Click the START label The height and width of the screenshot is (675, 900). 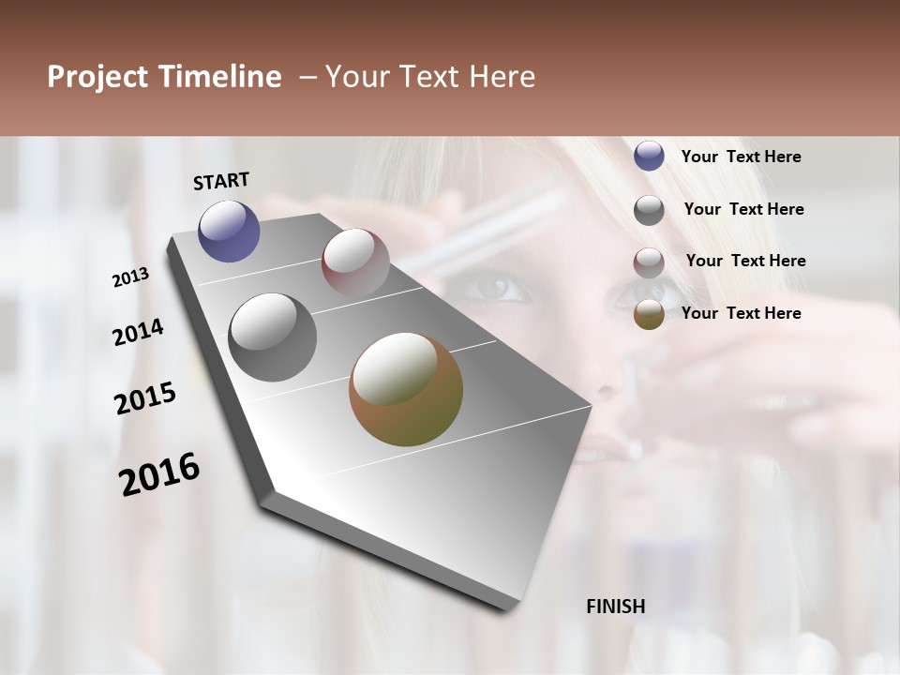pos(221,180)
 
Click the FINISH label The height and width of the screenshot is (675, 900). pos(615,607)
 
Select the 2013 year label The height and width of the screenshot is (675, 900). pos(130,277)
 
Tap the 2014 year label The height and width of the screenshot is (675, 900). pos(138,332)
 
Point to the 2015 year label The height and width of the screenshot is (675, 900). pos(145,398)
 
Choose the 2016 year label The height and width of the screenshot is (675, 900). pos(159,473)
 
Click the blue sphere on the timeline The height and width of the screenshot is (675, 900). pos(229,231)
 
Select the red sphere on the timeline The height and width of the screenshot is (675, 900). pos(355,262)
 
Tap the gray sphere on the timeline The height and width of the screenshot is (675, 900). pos(272,337)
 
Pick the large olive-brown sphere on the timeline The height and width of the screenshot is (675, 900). pos(406,389)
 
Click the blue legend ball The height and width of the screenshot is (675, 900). pos(649,156)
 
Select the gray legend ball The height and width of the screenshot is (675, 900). pos(649,209)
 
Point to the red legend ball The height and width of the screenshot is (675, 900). pos(649,262)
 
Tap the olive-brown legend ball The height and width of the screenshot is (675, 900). pos(649,314)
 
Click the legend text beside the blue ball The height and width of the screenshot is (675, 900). pos(741,157)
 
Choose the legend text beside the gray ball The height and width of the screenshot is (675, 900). pos(743,209)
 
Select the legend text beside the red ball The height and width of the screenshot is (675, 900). pos(745,261)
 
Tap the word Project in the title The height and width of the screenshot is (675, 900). pos(97,77)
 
